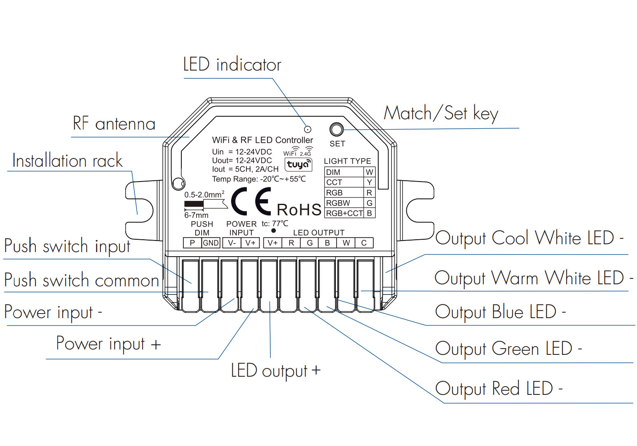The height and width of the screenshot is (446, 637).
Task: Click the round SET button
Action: click(x=337, y=130)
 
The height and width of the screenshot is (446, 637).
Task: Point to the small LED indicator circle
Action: click(x=307, y=129)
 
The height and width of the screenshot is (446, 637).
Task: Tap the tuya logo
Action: click(x=298, y=164)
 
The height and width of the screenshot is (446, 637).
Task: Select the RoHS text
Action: click(x=299, y=210)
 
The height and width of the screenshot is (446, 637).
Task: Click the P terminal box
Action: click(x=192, y=243)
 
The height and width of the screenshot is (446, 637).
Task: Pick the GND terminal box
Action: click(x=211, y=243)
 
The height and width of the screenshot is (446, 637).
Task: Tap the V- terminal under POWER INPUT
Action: click(x=232, y=243)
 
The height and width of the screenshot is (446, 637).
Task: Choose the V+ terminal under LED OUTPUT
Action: click(x=272, y=243)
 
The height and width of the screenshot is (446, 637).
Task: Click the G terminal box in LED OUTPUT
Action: click(x=310, y=243)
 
